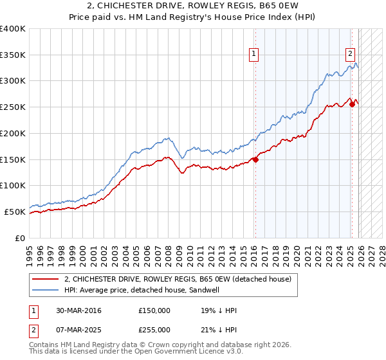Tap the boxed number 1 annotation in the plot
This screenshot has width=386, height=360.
(255, 55)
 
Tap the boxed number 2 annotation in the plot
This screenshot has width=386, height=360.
(351, 55)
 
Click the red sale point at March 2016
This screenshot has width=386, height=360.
(255, 160)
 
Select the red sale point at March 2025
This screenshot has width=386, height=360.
(352, 105)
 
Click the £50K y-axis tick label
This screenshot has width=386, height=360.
(15, 212)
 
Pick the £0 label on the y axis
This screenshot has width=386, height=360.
(21, 238)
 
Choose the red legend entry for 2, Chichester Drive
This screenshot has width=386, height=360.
(178, 279)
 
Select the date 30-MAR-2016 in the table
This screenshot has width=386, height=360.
(78, 310)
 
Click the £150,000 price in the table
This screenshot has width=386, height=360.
(154, 310)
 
